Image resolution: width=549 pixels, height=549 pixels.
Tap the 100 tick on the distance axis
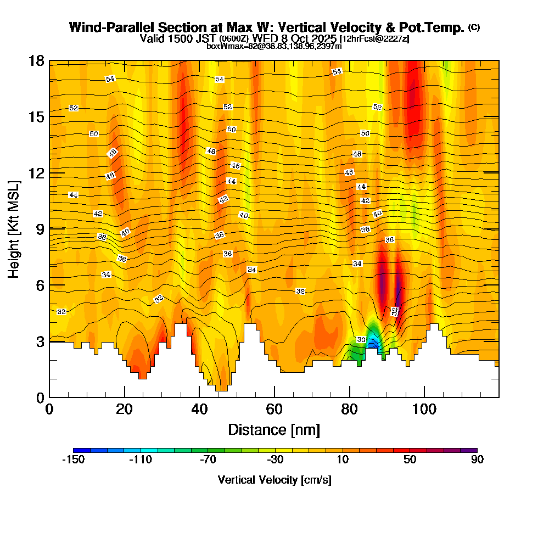click(424, 410)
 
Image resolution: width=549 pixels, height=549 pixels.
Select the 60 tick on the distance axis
click(274, 410)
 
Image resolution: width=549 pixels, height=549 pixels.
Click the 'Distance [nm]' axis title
click(274, 429)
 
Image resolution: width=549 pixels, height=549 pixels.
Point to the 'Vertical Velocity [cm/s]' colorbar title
click(274, 480)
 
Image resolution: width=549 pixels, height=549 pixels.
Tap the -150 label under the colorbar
click(73, 460)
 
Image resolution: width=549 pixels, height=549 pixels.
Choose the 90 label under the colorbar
click(477, 460)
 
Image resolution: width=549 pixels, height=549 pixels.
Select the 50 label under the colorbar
click(410, 460)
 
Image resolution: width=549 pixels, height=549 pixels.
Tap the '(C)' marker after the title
click(474, 27)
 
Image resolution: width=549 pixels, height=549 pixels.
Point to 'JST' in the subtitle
click(206, 38)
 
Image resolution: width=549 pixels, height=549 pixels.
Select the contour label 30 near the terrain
click(361, 340)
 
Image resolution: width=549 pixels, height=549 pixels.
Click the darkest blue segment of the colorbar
click(77, 450)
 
